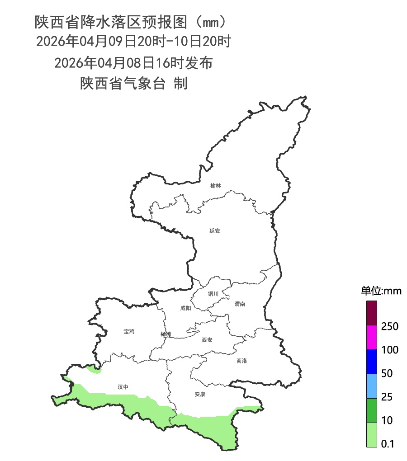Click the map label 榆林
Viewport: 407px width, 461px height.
click(216, 186)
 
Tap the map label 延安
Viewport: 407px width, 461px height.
click(214, 230)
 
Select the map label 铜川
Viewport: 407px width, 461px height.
click(213, 294)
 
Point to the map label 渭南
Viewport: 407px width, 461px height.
click(240, 304)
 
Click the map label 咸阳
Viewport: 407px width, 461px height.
click(185, 308)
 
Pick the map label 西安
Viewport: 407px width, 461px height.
click(207, 340)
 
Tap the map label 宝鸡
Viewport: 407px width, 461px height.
click(129, 332)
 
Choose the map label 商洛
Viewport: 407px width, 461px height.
click(241, 361)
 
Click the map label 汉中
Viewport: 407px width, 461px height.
click(123, 387)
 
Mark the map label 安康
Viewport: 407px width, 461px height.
click(200, 394)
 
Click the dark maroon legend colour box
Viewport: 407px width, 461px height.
click(371, 313)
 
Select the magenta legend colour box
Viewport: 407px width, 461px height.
click(371, 338)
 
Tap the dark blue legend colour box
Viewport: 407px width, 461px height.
click(371, 362)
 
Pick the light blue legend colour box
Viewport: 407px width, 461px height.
click(371, 386)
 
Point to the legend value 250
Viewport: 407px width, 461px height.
click(390, 326)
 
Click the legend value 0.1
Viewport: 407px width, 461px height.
click(388, 444)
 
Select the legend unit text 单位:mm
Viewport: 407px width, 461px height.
click(381, 291)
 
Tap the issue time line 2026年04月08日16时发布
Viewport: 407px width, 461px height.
click(133, 63)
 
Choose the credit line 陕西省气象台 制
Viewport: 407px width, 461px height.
click(133, 84)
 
